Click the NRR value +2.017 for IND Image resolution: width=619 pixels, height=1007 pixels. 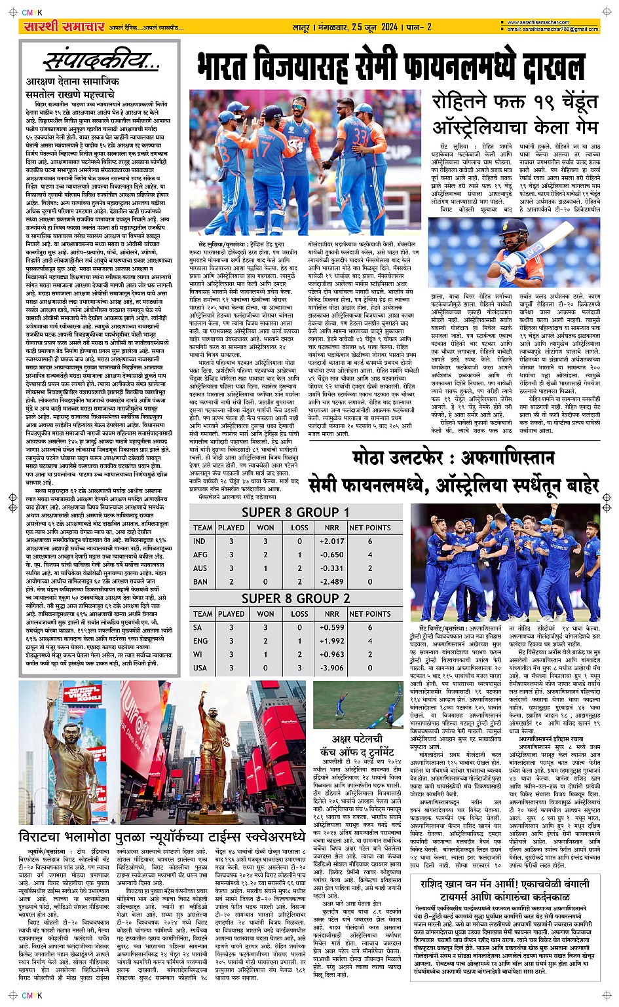click(x=331, y=541)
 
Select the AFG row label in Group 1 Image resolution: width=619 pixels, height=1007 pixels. click(x=200, y=555)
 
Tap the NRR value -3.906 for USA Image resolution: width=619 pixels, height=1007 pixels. click(x=331, y=668)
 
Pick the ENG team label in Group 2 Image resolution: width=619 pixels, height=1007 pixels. click(x=200, y=641)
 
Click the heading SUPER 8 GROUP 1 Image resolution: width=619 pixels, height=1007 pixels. click(x=295, y=513)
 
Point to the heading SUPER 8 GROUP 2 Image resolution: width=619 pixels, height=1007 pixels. click(x=295, y=598)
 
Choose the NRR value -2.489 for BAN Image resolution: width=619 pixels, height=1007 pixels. click(x=331, y=581)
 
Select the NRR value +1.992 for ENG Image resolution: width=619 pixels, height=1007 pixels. click(x=331, y=641)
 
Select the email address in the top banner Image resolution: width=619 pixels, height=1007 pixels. click(x=553, y=29)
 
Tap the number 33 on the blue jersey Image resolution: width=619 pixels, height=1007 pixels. click(x=360, y=137)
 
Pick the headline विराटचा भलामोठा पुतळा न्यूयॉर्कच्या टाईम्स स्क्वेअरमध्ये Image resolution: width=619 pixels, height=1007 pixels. click(x=162, y=837)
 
